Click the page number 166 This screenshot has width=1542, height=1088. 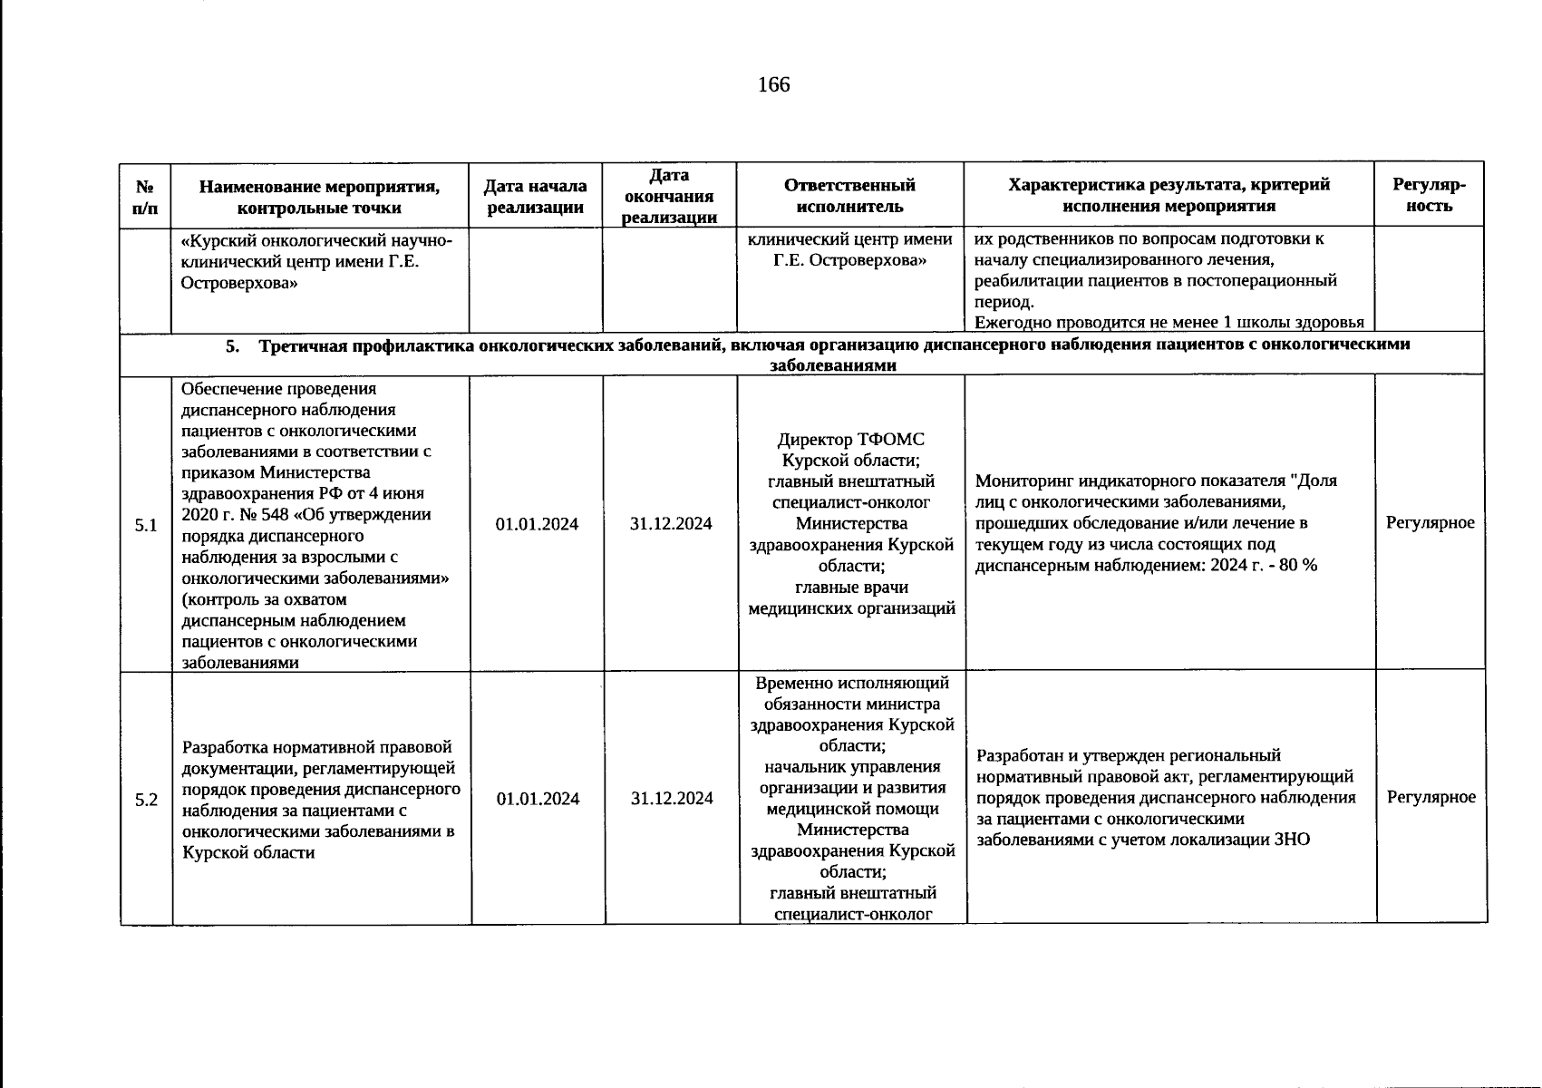pos(773,85)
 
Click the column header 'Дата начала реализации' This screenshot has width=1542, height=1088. pos(535,196)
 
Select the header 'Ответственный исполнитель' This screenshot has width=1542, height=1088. pos(849,196)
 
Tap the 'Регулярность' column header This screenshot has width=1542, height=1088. pos(1430,196)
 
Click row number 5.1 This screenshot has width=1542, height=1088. pos(146,525)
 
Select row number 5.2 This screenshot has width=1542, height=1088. pos(146,800)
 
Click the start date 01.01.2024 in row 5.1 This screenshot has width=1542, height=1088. pos(537,524)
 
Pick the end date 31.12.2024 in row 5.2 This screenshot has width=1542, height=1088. pos(671,799)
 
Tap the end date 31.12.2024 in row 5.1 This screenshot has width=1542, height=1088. pos(671,524)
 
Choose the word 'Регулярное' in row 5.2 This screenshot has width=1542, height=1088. pos(1430,797)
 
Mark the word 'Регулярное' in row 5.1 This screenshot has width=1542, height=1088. pos(1430,522)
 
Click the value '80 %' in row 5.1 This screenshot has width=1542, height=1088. pos(1297,566)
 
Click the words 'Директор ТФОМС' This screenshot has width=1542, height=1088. pos(850,440)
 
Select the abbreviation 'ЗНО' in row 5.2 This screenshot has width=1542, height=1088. pos(1292,840)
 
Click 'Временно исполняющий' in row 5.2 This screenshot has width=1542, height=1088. pos(850,683)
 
